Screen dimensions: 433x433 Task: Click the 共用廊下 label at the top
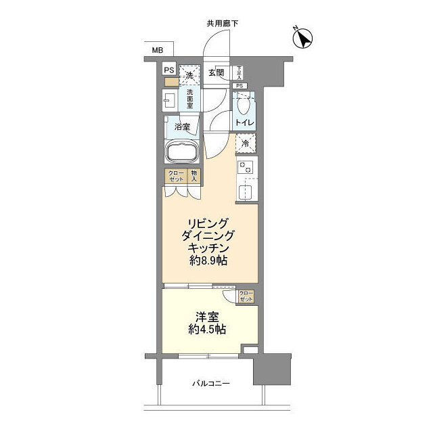tap(222, 24)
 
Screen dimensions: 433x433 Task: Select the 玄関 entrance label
tap(216, 73)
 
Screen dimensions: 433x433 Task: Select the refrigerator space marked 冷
tap(246, 143)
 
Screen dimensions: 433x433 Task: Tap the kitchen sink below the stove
tap(246, 190)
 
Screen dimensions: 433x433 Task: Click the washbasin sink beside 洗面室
tap(169, 101)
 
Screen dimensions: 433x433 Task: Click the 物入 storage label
tap(193, 176)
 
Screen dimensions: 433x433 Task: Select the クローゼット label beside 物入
tap(175, 176)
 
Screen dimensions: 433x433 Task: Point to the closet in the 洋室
tap(246, 296)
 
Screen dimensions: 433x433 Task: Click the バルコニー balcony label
tap(210, 384)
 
